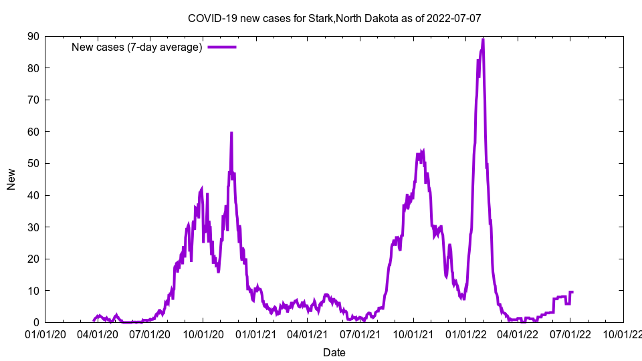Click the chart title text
[x=334, y=18]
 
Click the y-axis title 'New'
[x=11, y=179]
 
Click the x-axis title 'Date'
[x=334, y=352]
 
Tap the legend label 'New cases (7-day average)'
[x=137, y=47]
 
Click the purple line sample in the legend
[x=222, y=47]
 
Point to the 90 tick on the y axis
[x=33, y=36]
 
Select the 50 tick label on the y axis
[x=33, y=163]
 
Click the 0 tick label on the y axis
[x=35, y=322]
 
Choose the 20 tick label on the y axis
[x=33, y=259]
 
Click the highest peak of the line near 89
[x=483, y=39]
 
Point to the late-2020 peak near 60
[x=231, y=133]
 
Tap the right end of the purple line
[x=572, y=292]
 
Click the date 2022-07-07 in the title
[x=455, y=18]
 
